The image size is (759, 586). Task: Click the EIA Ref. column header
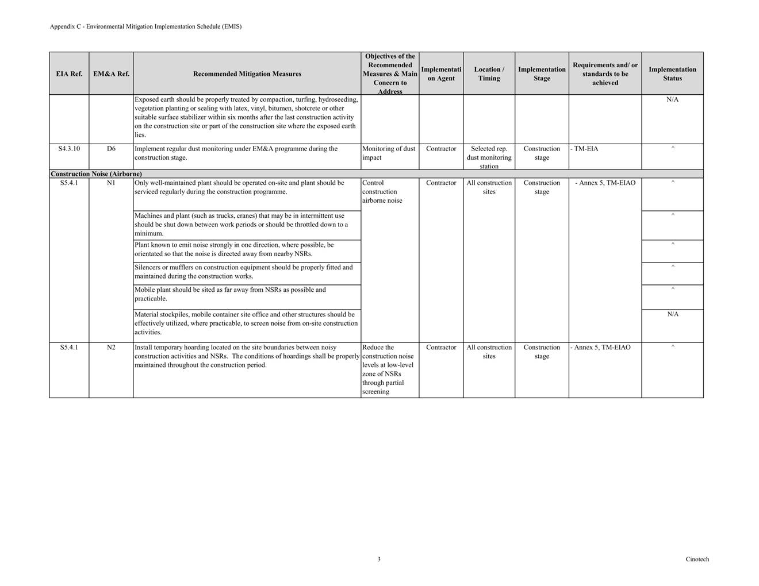tap(69, 74)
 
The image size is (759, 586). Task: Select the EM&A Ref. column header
tap(111, 74)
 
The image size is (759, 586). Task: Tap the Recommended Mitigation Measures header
tap(247, 74)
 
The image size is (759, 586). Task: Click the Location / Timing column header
tap(489, 74)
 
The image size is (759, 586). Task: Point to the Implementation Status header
tap(672, 74)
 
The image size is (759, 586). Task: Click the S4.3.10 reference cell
tap(69, 149)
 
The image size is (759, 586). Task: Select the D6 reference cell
tap(111, 149)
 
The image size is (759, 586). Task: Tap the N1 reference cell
tap(111, 183)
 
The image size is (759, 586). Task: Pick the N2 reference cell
tap(111, 348)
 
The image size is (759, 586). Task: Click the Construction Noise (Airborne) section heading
tap(96, 174)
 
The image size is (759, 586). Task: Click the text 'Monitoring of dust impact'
tap(389, 153)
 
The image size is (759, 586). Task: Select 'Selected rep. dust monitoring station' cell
tap(489, 157)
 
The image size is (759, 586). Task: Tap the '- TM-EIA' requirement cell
tap(585, 149)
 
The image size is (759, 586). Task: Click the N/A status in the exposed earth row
tap(672, 99)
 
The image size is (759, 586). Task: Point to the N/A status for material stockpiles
tap(673, 314)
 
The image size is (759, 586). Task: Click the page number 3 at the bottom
tap(379, 559)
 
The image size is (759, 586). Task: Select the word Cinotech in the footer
tap(697, 559)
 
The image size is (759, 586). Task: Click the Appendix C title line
tap(145, 26)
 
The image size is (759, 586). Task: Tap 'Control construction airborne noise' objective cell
tap(382, 192)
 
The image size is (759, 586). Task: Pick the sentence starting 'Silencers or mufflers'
tap(243, 272)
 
